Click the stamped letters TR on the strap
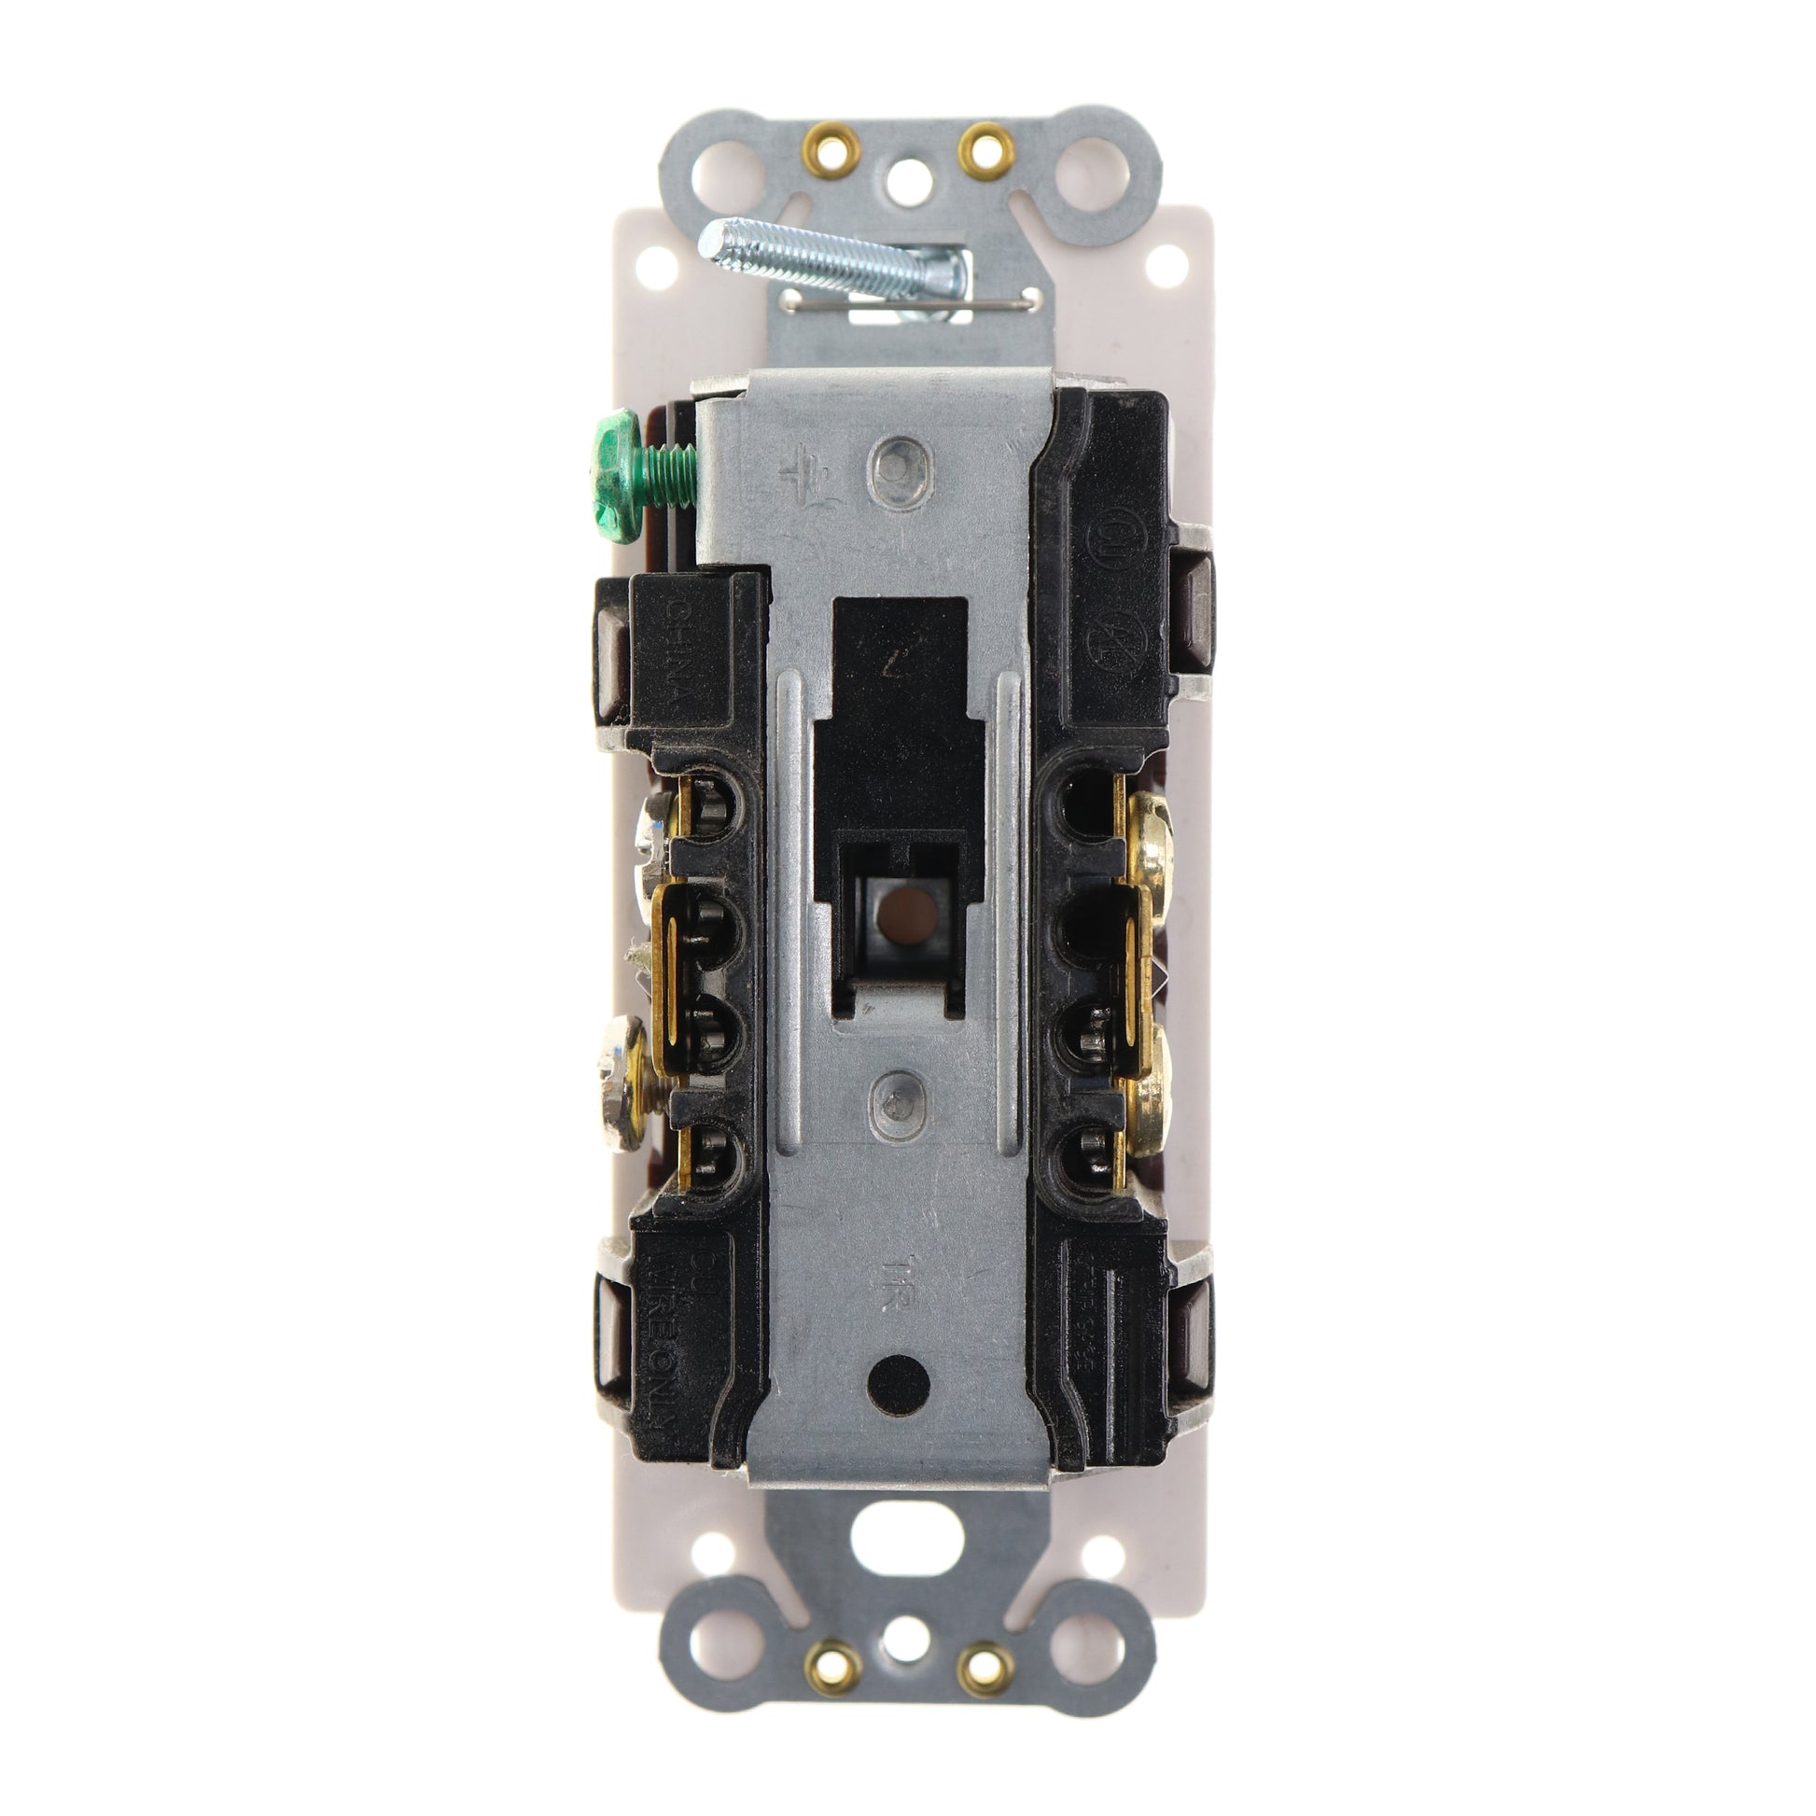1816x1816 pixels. point(901,1274)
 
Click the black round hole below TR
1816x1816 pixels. point(899,1382)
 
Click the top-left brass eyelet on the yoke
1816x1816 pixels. point(831,147)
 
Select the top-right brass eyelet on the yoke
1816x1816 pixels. point(985,147)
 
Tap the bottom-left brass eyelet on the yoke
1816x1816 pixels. point(832,1667)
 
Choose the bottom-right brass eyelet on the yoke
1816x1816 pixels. point(985,1667)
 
